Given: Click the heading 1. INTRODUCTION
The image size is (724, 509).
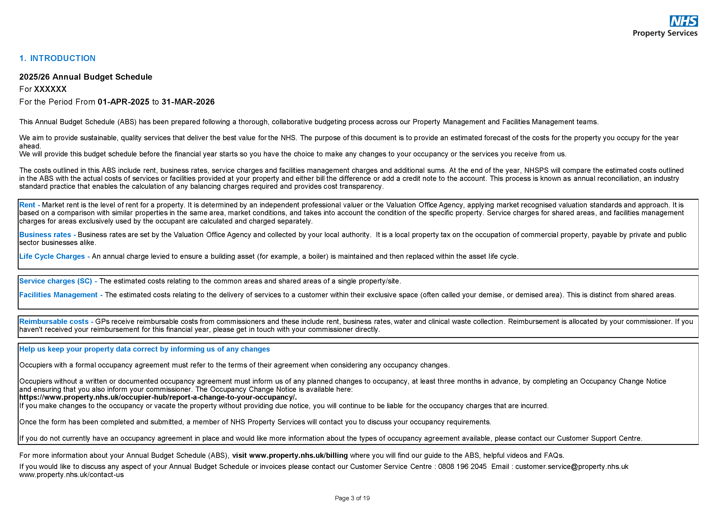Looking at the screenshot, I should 57,58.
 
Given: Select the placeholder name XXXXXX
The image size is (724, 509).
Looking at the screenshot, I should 50,89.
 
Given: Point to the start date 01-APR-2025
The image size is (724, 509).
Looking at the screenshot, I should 123,102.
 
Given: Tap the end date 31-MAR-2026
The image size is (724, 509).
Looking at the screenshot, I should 188,102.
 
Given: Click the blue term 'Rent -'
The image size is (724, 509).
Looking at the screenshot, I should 30,205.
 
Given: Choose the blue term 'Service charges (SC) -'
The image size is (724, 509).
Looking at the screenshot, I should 58,281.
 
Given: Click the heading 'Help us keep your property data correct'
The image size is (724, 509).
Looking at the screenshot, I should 144,349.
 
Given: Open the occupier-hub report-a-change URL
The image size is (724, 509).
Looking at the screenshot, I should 158,397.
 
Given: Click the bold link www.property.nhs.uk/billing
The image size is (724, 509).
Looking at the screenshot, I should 298,456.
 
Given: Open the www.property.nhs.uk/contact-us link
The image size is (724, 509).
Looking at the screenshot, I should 71,475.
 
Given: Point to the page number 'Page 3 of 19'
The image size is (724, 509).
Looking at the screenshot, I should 352,498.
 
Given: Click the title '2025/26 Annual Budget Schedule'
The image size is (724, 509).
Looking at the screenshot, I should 86,77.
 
